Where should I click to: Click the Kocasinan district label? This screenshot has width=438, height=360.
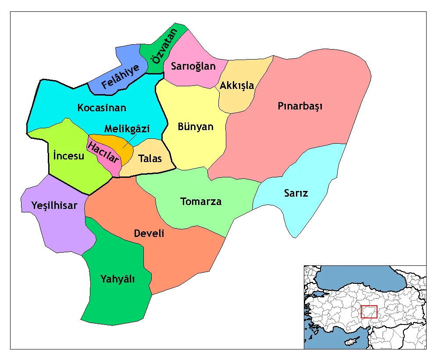[102, 108]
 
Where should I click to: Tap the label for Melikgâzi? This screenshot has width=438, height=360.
[127, 129]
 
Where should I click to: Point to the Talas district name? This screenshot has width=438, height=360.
[150, 159]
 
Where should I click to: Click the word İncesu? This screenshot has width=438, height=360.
[68, 155]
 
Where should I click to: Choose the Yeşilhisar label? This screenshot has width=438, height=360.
[54, 205]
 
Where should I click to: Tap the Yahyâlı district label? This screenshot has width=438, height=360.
[118, 279]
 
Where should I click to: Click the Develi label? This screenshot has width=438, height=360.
[149, 233]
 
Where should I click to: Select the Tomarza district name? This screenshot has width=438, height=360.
[201, 201]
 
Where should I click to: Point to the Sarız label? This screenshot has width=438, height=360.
[296, 193]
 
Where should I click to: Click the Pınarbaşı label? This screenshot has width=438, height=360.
[300, 106]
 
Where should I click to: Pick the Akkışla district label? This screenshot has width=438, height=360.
[237, 85]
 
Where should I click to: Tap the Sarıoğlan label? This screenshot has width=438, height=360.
[193, 66]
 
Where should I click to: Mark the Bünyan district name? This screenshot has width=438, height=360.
[196, 127]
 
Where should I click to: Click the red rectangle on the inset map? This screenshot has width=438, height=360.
[369, 311]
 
